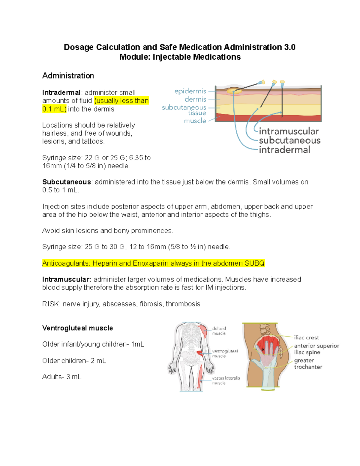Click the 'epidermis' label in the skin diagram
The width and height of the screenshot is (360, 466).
click(x=190, y=91)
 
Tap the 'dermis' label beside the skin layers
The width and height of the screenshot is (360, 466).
click(x=195, y=99)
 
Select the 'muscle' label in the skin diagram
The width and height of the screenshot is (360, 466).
click(x=195, y=121)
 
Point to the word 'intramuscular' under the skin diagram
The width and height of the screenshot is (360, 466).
click(x=289, y=131)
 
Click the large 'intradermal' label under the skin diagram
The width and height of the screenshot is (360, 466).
click(x=284, y=150)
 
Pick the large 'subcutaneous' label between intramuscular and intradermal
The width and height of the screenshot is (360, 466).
click(x=289, y=140)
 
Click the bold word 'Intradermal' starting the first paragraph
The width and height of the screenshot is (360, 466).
click(x=61, y=92)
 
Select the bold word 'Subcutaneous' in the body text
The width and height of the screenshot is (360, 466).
click(x=67, y=182)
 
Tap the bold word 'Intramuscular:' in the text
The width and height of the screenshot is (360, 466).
click(x=67, y=279)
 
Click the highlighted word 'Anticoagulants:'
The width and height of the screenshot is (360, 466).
click(x=66, y=263)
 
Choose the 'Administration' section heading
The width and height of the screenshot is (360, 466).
click(x=68, y=76)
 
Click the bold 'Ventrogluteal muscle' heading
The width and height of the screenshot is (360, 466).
click(x=77, y=328)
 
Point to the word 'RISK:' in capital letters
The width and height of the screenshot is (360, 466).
click(x=51, y=304)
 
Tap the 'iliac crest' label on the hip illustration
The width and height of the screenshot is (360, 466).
click(x=306, y=338)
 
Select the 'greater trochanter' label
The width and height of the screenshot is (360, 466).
click(x=308, y=364)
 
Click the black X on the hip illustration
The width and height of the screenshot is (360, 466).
click(x=263, y=350)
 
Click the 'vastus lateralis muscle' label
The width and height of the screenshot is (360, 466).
click(x=226, y=380)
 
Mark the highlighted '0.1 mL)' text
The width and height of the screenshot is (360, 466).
click(x=54, y=109)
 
